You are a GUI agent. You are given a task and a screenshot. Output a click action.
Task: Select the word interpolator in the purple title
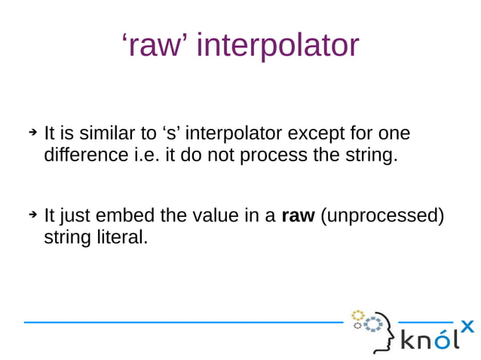pyautogui.click(x=277, y=45)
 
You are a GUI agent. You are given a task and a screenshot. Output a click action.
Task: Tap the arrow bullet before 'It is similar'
pyautogui.click(x=32, y=133)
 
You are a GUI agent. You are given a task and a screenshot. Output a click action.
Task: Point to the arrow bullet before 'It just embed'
pyautogui.click(x=32, y=215)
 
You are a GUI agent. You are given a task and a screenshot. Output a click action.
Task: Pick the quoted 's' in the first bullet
pyautogui.click(x=170, y=134)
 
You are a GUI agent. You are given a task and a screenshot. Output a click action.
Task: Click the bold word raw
pyautogui.click(x=297, y=217)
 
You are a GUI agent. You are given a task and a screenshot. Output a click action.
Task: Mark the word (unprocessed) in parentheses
pyautogui.click(x=382, y=217)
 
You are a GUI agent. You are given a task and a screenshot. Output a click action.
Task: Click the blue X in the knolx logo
pyautogui.click(x=467, y=325)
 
